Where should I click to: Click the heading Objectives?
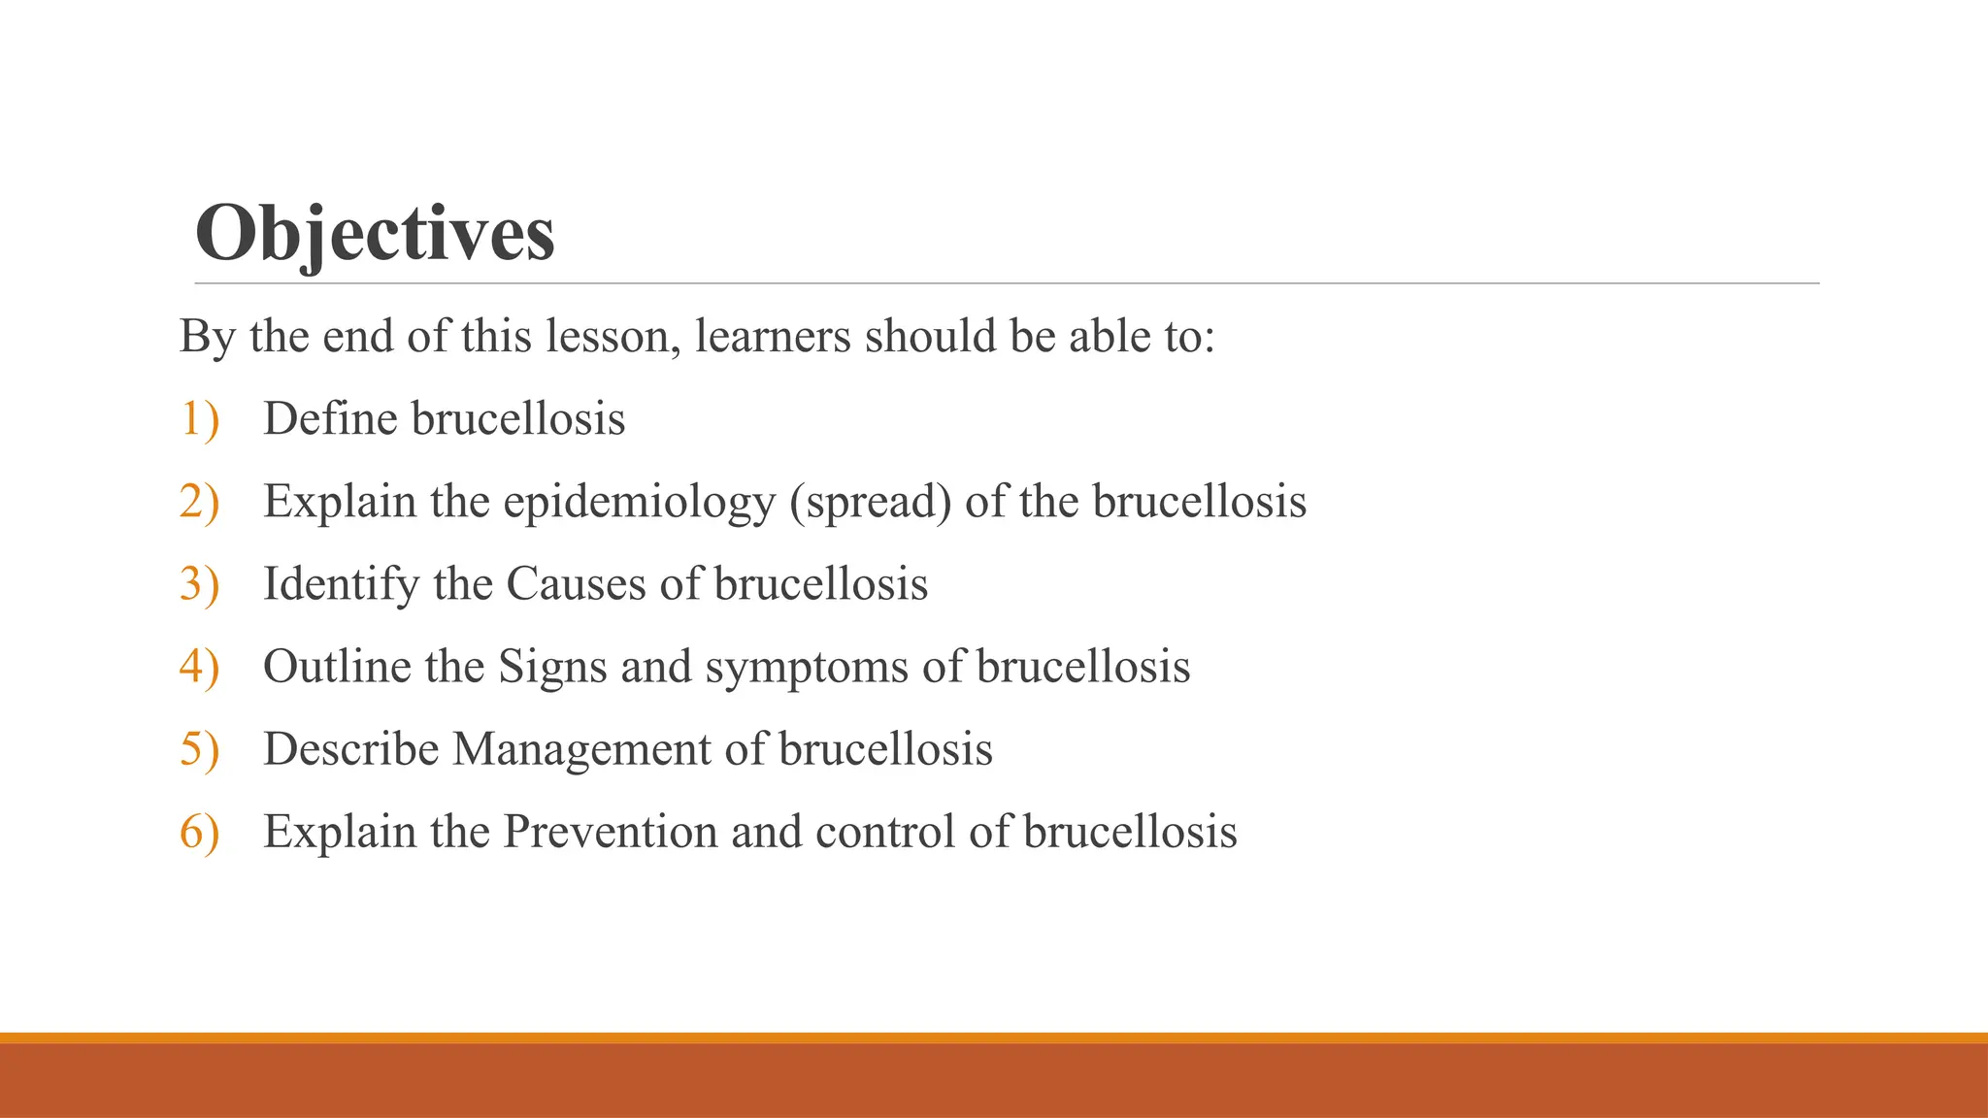pos(375,235)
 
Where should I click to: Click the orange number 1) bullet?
pos(199,419)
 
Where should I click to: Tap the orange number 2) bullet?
pos(199,502)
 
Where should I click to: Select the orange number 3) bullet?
pos(199,584)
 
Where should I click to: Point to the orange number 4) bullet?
pos(199,667)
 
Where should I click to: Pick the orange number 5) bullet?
pos(199,749)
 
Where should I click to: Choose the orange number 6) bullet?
pos(199,832)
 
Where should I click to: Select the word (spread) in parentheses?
pos(870,503)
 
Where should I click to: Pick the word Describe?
pos(350,749)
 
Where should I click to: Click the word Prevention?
pos(611,832)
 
